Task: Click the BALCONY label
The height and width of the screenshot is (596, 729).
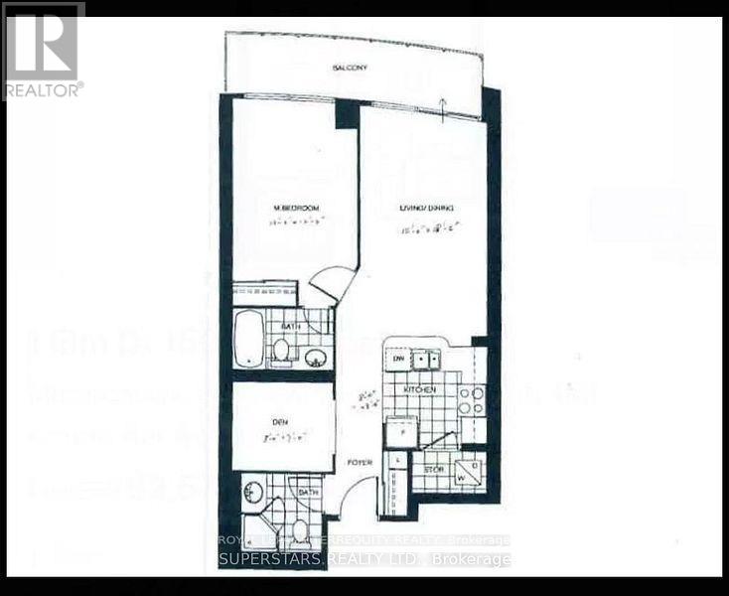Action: coord(350,68)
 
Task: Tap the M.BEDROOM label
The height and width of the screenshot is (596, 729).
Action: coord(295,209)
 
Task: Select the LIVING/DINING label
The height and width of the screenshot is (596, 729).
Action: coord(427,209)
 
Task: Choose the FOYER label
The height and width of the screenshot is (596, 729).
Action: coord(359,461)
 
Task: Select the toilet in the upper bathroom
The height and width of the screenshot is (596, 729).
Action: coord(282,350)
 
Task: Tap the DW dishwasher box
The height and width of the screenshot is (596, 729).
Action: coord(396,359)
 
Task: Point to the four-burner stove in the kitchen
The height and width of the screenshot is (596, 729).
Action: coord(471,400)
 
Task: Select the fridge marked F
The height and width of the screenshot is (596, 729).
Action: coord(397,432)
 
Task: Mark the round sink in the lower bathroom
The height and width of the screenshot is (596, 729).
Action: coord(254,491)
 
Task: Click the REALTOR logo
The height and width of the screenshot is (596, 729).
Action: coord(43,50)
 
